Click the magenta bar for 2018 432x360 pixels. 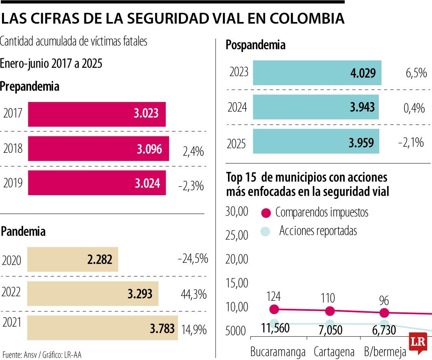click(98, 149)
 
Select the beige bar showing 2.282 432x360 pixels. click(72, 260)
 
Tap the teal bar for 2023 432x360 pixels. click(317, 73)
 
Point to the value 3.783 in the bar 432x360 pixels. click(162, 329)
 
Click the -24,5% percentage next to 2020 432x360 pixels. click(193, 259)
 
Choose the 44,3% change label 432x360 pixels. click(194, 295)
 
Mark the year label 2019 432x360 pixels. click(13, 183)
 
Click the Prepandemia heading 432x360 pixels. click(30, 86)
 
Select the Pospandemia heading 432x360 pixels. click(256, 45)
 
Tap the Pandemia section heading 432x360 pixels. click(23, 231)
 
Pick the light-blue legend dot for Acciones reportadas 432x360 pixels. click(266, 231)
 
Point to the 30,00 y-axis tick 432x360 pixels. click(237, 212)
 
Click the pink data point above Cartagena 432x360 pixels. click(330, 311)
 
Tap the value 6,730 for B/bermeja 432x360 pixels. click(380, 330)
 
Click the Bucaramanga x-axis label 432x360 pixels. click(278, 352)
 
